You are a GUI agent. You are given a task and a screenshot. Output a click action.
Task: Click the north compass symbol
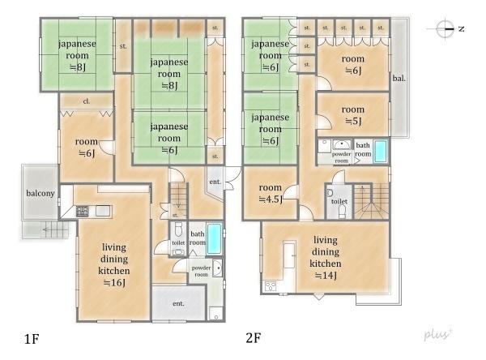(x=446, y=29)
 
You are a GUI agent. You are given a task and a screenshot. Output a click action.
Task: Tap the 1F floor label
(x=32, y=339)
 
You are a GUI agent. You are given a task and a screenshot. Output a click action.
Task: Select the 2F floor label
(x=254, y=337)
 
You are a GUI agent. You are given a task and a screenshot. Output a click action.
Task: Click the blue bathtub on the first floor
(x=214, y=238)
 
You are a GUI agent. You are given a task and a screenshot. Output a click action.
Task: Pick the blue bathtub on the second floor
(x=381, y=151)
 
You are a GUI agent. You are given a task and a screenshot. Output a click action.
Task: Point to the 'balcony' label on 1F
(x=40, y=193)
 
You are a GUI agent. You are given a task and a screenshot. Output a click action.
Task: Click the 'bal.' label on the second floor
(x=399, y=78)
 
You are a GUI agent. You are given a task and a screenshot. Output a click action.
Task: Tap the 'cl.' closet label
(x=87, y=101)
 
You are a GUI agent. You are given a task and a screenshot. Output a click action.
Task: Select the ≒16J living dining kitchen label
(x=114, y=264)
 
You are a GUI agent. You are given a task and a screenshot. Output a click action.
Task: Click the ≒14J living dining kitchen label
(x=326, y=257)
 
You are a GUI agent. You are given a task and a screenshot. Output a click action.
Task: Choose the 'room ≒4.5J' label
(x=271, y=193)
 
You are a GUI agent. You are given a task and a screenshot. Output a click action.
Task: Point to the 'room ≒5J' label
(x=353, y=115)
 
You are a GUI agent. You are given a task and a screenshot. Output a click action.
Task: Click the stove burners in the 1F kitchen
(x=82, y=212)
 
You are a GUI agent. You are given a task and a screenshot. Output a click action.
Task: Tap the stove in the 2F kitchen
(x=271, y=286)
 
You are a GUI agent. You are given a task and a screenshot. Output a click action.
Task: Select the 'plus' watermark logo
(x=438, y=334)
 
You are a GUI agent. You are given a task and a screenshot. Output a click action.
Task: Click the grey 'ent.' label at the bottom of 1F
(x=178, y=303)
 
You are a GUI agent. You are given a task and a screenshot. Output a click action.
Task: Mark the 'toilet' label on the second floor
(x=339, y=201)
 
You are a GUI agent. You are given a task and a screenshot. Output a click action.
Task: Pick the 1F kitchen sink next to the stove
(x=103, y=211)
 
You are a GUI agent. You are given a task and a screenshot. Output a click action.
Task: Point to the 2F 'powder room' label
(x=341, y=157)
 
